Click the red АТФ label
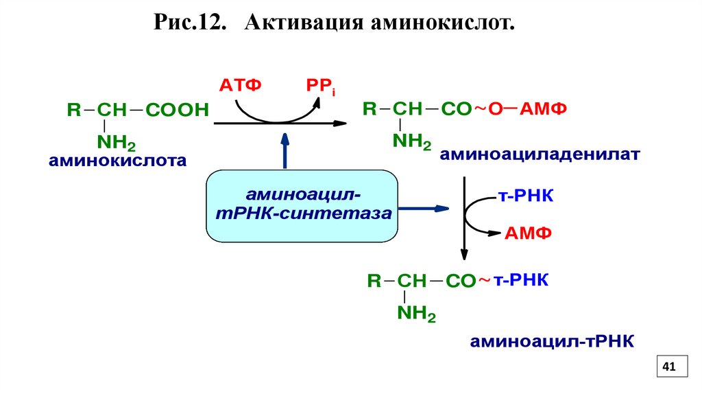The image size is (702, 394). click(241, 86)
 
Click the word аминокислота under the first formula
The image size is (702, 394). click(117, 161)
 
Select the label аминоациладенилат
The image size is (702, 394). click(540, 154)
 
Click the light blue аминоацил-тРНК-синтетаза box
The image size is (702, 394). click(302, 206)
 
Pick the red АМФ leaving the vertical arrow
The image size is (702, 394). click(529, 233)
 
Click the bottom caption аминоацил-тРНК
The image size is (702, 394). click(552, 342)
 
